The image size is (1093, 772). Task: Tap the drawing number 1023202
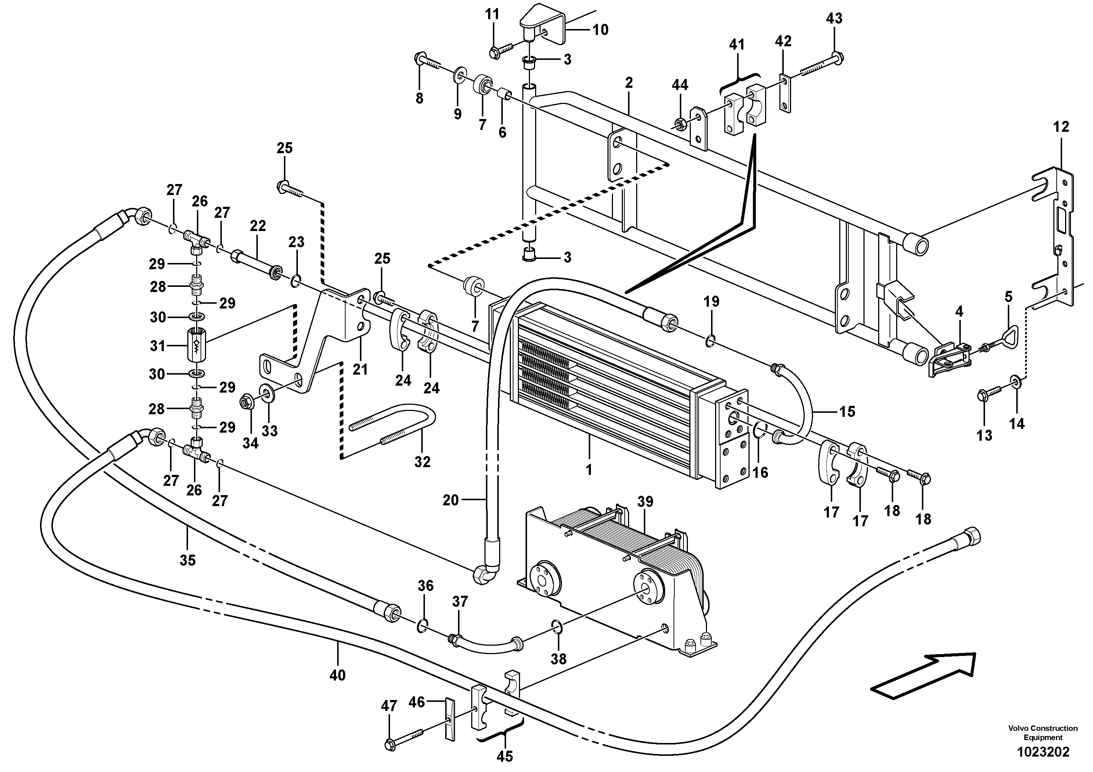1043,752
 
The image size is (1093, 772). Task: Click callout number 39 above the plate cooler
646,502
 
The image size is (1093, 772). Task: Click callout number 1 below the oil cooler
588,470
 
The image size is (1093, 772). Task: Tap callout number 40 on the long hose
337,675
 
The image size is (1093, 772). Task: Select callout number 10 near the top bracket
600,30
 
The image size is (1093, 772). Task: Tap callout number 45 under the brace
505,756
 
